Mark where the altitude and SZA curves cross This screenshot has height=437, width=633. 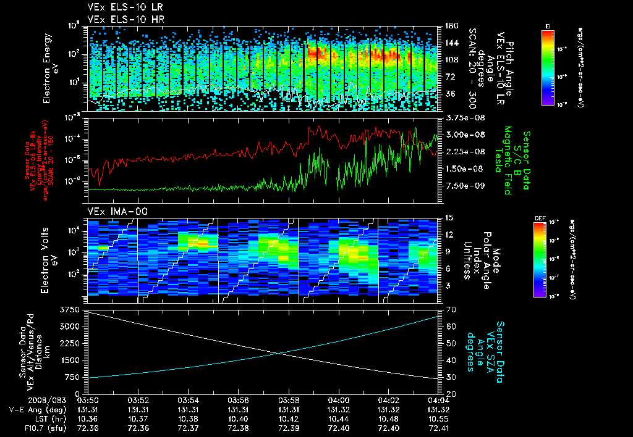coord(281,353)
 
